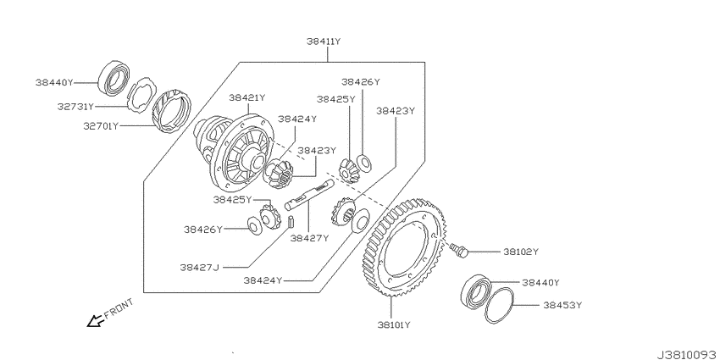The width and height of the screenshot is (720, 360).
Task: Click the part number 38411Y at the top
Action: [x=324, y=42]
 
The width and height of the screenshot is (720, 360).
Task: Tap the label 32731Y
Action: [x=75, y=107]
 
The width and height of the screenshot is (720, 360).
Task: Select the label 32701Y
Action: [x=101, y=125]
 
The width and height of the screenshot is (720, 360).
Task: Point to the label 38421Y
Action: [x=247, y=97]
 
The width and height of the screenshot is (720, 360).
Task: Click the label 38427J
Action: [x=199, y=267]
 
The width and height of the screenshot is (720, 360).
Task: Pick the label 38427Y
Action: [x=309, y=238]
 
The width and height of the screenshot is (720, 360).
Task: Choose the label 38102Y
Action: [x=521, y=252]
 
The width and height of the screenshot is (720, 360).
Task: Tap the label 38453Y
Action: [x=562, y=305]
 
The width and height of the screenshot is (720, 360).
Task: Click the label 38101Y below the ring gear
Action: [x=394, y=325]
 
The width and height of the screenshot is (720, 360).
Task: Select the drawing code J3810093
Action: [x=688, y=355]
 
